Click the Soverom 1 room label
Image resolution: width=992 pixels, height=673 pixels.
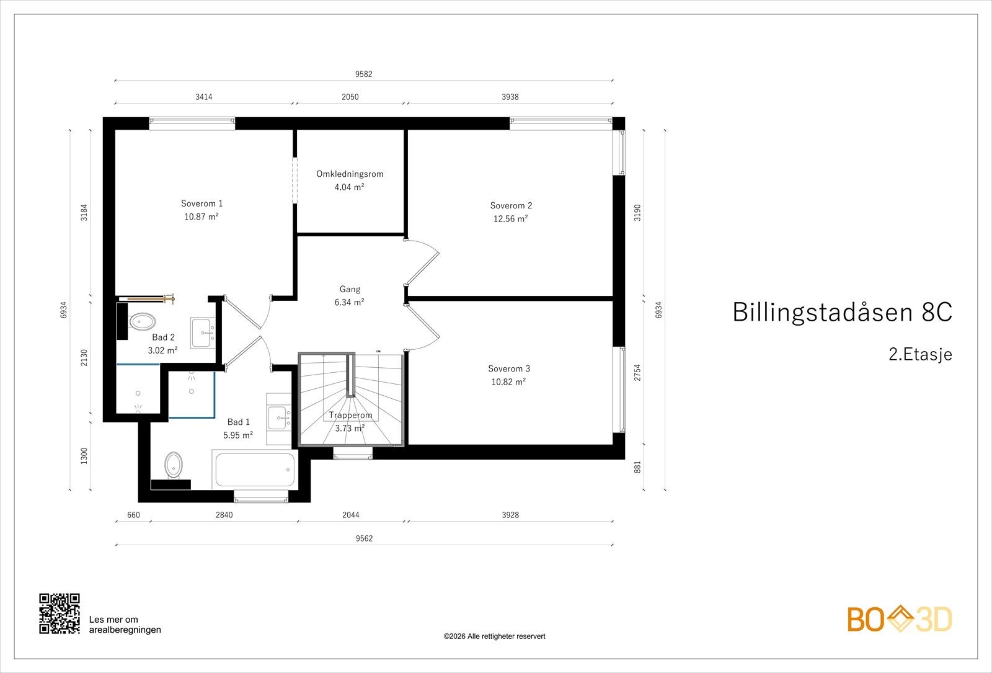point(201,203)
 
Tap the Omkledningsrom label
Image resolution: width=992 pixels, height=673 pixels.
point(350,174)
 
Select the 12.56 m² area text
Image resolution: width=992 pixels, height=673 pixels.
point(511,218)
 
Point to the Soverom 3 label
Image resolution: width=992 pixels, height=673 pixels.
point(509,368)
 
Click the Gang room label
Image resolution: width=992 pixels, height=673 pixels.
point(350,289)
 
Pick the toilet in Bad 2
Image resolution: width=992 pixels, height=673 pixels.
point(142,322)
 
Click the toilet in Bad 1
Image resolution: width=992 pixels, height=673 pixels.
point(173,465)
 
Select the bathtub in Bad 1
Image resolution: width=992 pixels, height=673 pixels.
point(255,469)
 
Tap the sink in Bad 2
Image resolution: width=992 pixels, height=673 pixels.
point(203,332)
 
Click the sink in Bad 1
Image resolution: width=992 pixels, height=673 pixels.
point(279,418)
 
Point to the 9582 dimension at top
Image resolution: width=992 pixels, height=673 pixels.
point(363,74)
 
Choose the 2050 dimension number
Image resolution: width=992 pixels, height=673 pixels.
point(350,97)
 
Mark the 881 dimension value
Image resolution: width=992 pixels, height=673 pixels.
point(637,467)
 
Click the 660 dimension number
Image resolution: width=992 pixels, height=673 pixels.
point(133,515)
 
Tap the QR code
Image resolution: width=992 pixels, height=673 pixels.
point(60,613)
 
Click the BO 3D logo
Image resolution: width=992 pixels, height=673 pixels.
point(900,619)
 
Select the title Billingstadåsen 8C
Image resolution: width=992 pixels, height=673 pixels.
point(843,312)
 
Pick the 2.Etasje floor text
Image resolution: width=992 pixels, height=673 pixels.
point(920,354)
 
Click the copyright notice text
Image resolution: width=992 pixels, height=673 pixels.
point(494,636)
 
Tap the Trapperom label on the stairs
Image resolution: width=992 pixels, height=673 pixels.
point(350,415)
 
